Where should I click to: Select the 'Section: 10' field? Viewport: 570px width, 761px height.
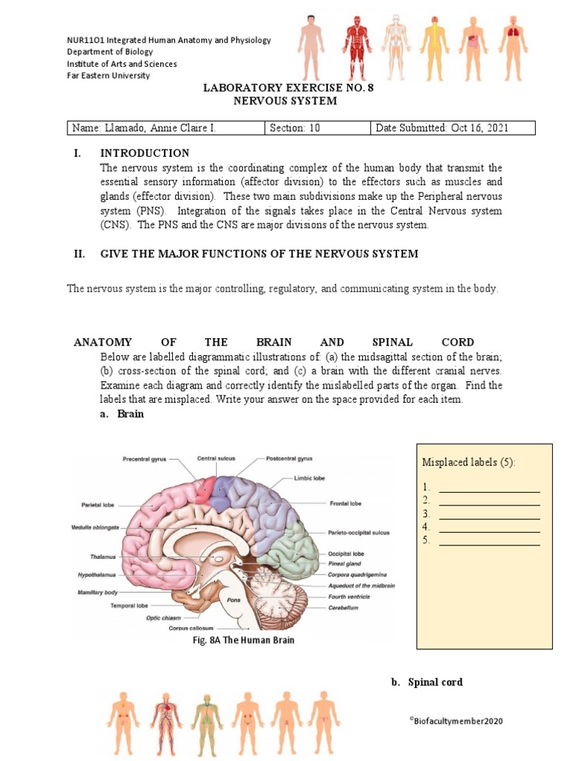point(295,128)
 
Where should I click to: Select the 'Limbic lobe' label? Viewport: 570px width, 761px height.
point(309,478)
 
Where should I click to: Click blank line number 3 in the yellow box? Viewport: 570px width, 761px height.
point(489,514)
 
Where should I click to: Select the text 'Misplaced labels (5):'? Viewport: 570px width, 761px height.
point(468,462)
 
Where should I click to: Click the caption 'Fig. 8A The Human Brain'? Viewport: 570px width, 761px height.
point(243,641)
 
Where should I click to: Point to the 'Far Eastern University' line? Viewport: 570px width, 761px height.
point(108,75)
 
